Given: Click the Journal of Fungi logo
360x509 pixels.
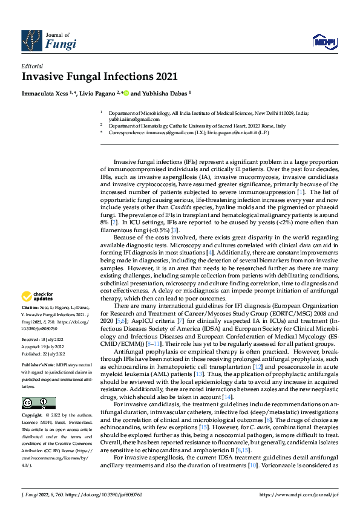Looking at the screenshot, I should click(x=49, y=40).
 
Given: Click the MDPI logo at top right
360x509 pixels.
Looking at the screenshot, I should click(x=324, y=41).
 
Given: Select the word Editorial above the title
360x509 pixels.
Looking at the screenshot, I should click(x=31, y=66).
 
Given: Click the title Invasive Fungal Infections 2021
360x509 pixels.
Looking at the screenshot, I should click(x=100, y=77).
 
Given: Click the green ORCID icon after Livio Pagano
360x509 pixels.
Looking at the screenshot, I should click(x=126, y=94).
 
